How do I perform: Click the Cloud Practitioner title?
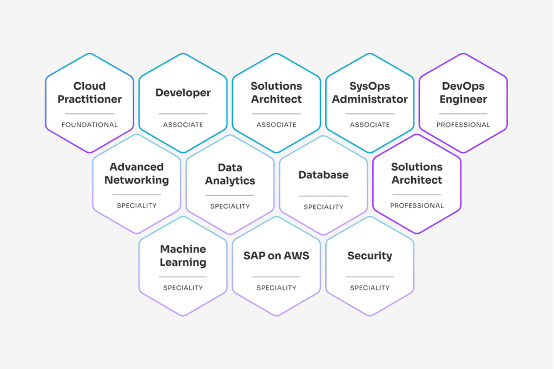pos(90,92)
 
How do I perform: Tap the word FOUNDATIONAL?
pos(90,125)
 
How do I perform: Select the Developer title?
pos(183,93)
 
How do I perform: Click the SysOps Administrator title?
pos(370,92)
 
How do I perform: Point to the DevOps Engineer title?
pos(463,92)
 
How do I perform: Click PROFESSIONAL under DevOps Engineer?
pos(463,125)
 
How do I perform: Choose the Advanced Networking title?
pos(136,173)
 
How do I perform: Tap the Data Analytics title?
pos(230,174)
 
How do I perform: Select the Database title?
pos(324,175)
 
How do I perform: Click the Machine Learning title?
pos(183,256)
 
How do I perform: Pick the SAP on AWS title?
pos(276,256)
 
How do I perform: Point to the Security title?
pos(370,256)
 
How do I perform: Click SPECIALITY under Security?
pos(370,288)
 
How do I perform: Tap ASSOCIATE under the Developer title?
pos(183,125)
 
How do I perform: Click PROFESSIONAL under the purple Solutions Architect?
pos(417,206)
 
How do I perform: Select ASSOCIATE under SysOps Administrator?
pos(370,125)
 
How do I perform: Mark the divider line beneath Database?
pos(324,196)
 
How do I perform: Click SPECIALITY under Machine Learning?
pos(183,288)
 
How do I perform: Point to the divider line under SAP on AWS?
pos(276,277)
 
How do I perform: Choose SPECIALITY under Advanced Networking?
pos(136,206)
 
